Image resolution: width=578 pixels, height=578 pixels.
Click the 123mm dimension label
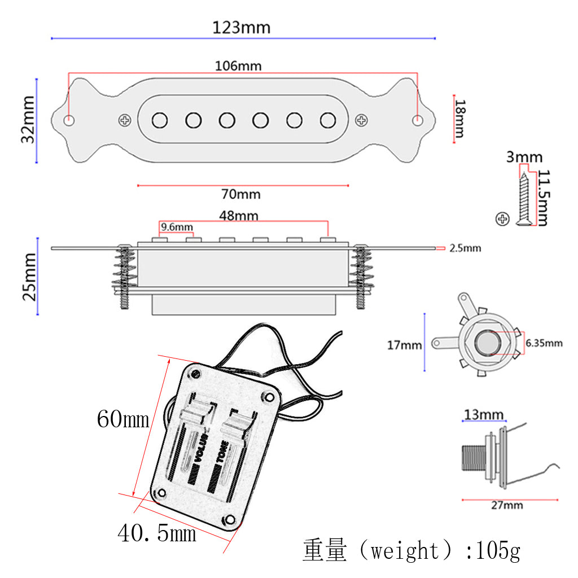click(241, 27)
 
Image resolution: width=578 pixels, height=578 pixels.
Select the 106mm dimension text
click(238, 65)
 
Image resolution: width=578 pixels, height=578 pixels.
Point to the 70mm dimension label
click(241, 194)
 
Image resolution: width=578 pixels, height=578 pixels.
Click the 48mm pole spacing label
click(239, 216)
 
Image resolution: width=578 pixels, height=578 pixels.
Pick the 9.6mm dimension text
click(177, 227)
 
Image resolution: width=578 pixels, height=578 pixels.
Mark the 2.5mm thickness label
click(465, 248)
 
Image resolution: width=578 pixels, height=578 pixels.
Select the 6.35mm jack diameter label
click(544, 343)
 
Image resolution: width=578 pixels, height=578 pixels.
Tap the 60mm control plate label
click(123, 419)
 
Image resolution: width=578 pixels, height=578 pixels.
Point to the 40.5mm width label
click(157, 532)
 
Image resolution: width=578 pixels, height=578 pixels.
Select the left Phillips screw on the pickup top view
click(124, 120)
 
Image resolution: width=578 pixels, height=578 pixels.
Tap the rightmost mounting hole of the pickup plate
click(418, 120)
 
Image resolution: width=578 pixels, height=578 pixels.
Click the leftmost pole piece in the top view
click(160, 120)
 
